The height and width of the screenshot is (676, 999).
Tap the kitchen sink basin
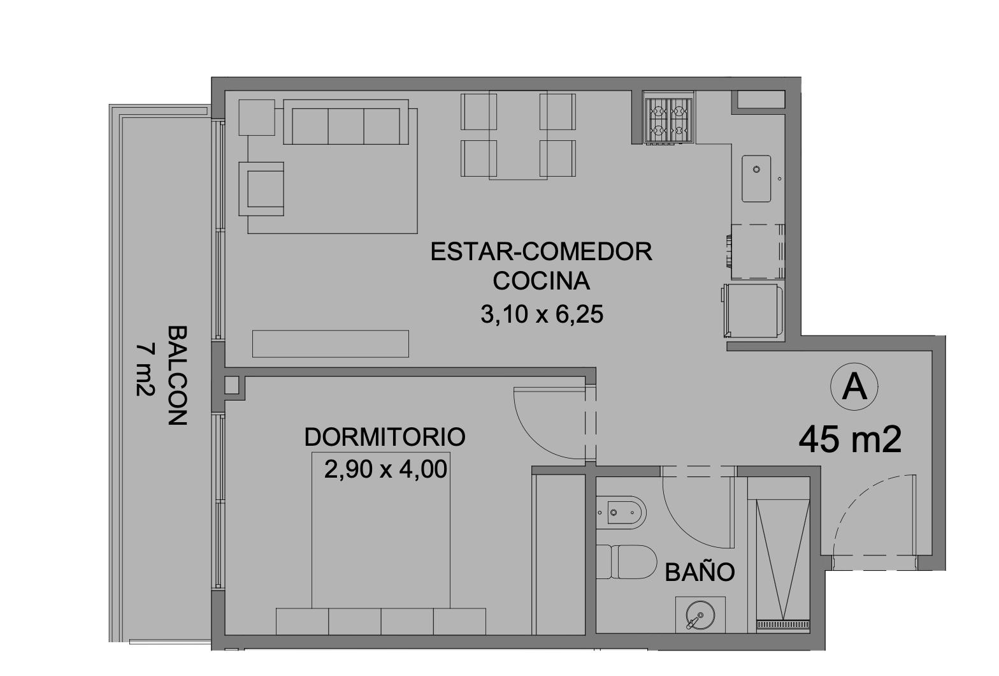point(756,179)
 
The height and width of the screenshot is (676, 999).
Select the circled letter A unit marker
point(854,386)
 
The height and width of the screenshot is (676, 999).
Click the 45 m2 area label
point(850,440)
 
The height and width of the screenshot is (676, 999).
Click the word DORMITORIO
point(385,437)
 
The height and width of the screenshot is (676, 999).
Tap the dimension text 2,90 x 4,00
point(386,470)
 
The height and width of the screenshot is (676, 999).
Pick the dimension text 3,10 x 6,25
point(542,314)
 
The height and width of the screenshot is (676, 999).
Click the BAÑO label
point(700,573)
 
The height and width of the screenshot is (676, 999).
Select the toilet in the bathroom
point(627,562)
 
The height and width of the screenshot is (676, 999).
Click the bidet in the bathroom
point(621,512)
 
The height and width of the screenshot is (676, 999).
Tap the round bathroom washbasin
point(700,615)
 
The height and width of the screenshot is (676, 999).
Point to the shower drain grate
point(783,624)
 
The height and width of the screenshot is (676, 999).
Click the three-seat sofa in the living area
point(345,122)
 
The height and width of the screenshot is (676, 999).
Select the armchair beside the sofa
point(261,189)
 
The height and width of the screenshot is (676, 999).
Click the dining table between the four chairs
point(518,135)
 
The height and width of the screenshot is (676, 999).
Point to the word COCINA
point(542,281)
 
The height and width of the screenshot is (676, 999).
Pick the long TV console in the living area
point(331,344)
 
